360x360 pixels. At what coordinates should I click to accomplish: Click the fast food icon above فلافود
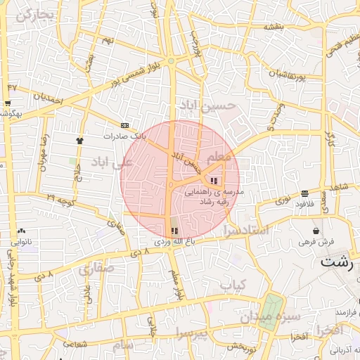tap(304, 193)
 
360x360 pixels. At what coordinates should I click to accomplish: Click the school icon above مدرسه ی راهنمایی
tap(214, 181)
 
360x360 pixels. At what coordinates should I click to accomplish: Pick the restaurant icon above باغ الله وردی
tap(174, 230)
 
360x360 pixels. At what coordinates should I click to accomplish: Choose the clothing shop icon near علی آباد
tap(79, 140)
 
